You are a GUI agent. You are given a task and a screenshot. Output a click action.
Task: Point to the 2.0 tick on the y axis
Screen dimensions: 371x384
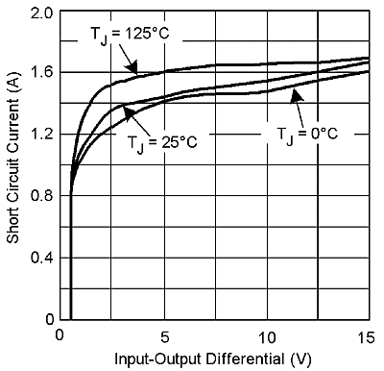click(x=41, y=13)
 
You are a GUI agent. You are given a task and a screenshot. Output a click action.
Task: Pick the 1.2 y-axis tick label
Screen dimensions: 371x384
click(x=41, y=135)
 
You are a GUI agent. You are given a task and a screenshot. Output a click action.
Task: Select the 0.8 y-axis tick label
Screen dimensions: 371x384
click(x=41, y=196)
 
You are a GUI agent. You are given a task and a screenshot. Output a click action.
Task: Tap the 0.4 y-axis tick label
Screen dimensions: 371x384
click(x=41, y=258)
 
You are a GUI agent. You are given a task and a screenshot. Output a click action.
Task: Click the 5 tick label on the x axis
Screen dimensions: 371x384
click(x=164, y=335)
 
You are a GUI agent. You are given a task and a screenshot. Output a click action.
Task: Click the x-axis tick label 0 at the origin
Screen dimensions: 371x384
click(x=60, y=335)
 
